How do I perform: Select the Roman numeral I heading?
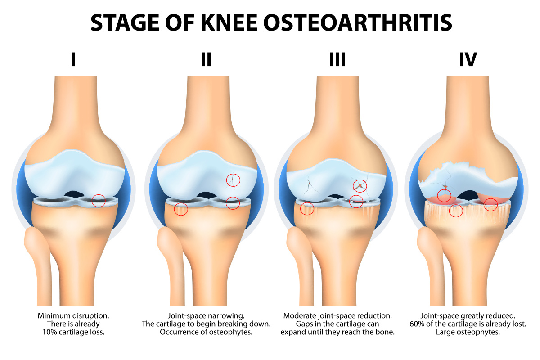coord(73,59)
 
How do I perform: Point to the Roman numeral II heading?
coord(206,59)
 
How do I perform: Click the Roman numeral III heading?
coord(337,59)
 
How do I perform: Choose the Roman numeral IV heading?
coord(468,59)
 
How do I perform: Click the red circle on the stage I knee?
coord(99,201)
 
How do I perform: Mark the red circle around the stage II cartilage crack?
coord(233,180)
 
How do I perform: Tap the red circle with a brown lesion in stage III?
coord(360,185)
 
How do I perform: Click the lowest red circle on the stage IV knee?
coord(456,211)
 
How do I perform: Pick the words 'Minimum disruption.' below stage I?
coord(73,315)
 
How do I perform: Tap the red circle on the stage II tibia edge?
coord(181,209)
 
